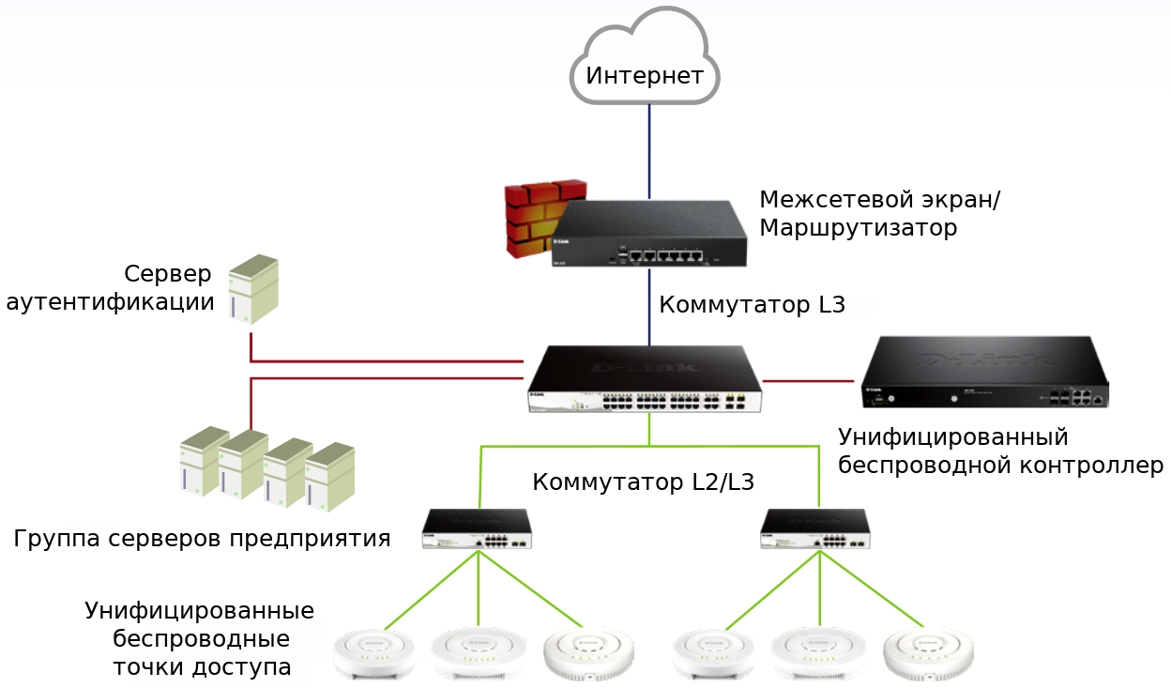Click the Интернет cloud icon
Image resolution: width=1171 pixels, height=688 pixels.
[x=645, y=58]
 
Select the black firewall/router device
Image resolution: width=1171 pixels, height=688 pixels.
[x=649, y=235]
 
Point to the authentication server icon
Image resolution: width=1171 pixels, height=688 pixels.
[x=253, y=289]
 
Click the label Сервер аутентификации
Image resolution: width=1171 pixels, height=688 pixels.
[x=111, y=288]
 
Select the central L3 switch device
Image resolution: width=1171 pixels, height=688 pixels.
[x=646, y=380]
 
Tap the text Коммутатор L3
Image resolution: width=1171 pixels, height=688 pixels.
[x=752, y=305]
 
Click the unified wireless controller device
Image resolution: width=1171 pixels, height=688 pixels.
[x=984, y=372]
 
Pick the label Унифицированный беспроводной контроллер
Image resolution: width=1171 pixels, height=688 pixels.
[x=1000, y=451]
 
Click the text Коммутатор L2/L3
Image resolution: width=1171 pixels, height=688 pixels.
[x=643, y=482]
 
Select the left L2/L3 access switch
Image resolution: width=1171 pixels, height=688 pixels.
[x=477, y=529]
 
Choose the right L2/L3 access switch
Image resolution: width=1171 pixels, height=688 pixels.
[x=815, y=529]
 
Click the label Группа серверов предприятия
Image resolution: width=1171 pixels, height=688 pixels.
[x=202, y=539]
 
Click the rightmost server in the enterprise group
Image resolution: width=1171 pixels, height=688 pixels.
[x=329, y=478]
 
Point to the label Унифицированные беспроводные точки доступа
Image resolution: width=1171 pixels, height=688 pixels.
[x=200, y=639]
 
